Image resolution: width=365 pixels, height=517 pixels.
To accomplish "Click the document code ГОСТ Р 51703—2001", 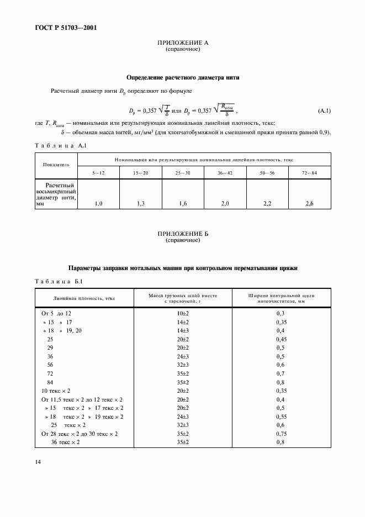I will (61, 27).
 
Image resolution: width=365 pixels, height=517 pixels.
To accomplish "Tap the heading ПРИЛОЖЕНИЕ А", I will (183, 43).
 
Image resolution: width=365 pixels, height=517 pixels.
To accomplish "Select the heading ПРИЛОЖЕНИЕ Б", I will (183, 234).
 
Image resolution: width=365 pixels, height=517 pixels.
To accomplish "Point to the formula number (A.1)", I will (324, 112).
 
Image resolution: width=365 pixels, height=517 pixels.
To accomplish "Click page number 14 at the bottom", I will (38, 461).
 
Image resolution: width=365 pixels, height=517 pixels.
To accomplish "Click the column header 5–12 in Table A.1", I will (98, 173).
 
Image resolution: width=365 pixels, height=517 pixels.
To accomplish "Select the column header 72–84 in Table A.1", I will (309, 173).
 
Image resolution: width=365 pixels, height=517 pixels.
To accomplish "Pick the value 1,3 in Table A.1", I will (141, 204).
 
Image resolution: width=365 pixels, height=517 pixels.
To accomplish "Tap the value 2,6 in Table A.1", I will (309, 204).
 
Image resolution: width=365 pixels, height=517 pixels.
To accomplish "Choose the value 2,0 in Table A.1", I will (225, 204).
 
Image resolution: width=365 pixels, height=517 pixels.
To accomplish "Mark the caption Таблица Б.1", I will (59, 283).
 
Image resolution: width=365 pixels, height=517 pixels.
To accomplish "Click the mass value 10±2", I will (183, 313).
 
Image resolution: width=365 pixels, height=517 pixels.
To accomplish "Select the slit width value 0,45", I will (282, 339).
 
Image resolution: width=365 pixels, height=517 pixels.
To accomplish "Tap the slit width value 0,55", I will (282, 416).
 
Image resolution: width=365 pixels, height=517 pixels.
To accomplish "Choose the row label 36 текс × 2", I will (65, 442).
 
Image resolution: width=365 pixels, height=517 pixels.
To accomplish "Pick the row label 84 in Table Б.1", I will (50, 382).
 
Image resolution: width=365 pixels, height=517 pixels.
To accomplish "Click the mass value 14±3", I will (183, 330).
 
